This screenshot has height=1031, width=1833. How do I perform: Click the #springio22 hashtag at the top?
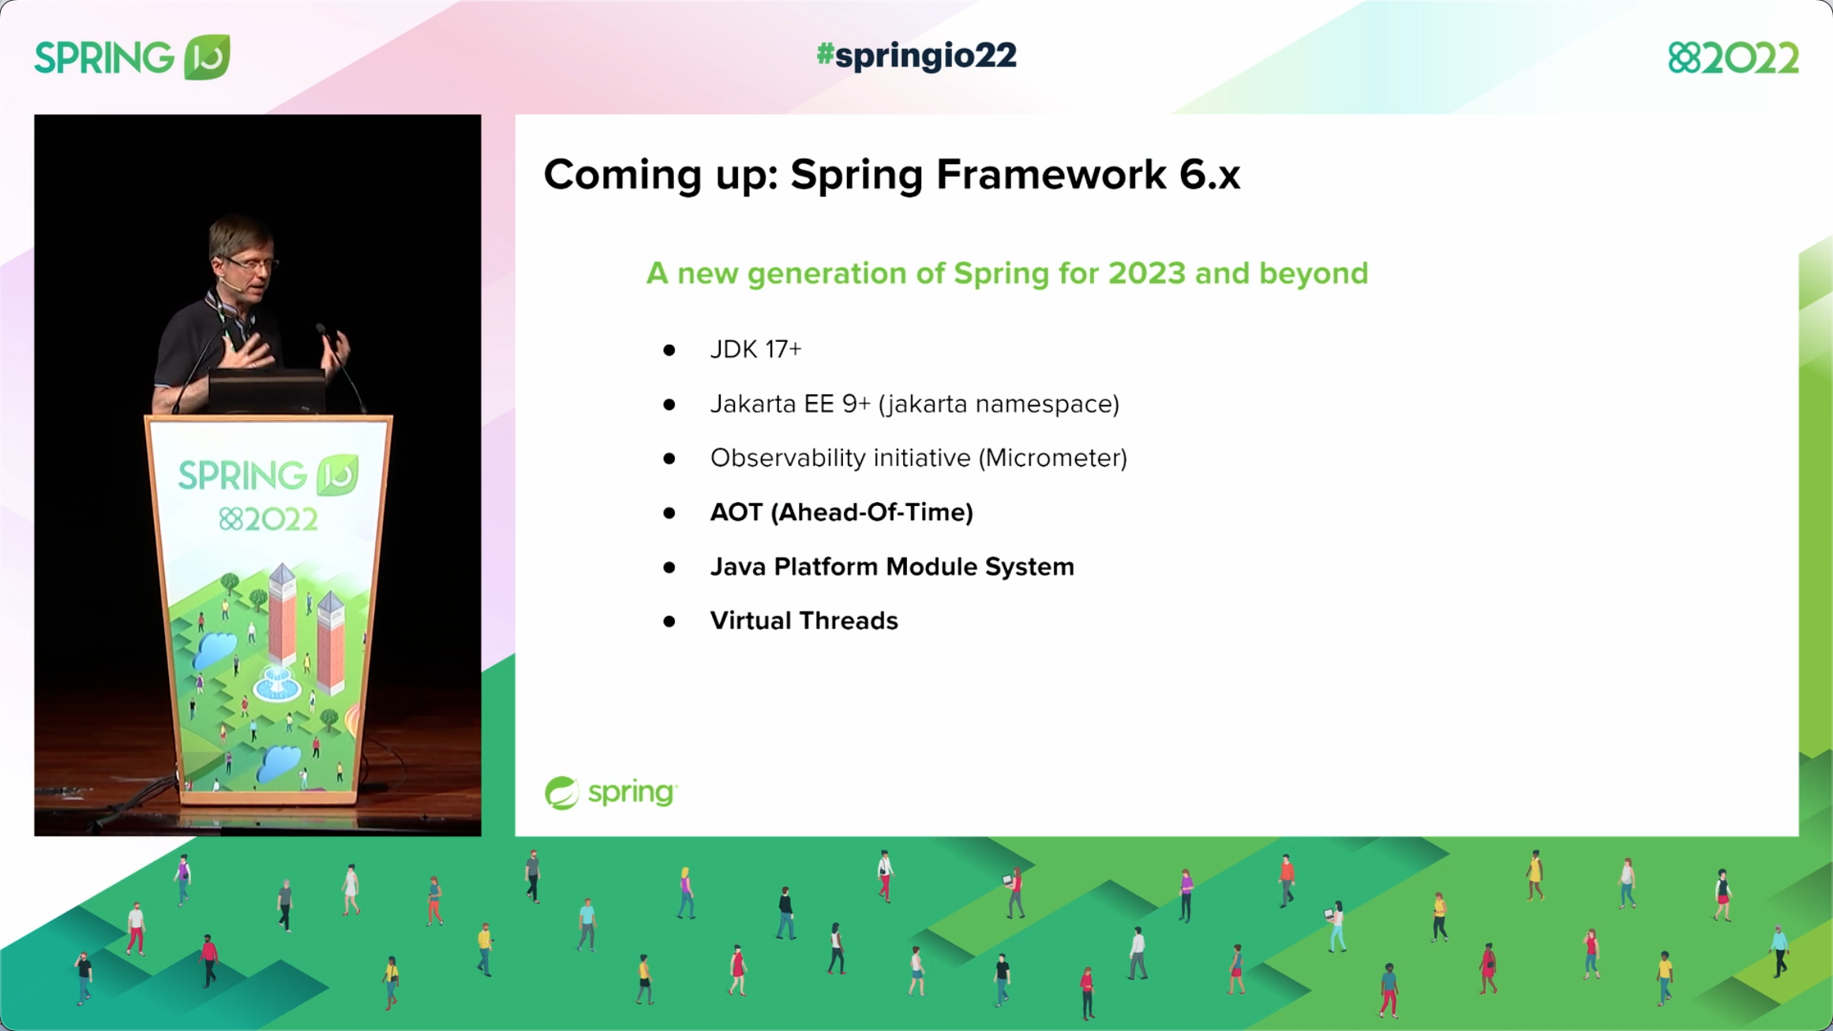[x=916, y=55]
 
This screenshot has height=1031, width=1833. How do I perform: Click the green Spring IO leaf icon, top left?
[x=207, y=57]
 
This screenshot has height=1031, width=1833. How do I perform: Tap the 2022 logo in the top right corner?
[x=1733, y=58]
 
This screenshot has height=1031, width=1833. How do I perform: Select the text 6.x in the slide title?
[x=1209, y=174]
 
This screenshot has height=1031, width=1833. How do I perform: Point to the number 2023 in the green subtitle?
[x=1146, y=273]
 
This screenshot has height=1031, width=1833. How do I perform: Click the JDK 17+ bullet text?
[x=755, y=349]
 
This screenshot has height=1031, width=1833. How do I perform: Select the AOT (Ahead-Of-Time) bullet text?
[x=842, y=512]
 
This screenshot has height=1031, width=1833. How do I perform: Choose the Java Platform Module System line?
[x=892, y=567]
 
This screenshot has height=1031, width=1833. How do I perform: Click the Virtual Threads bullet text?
[x=804, y=620]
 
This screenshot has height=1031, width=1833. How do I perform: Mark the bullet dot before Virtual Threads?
[x=669, y=622]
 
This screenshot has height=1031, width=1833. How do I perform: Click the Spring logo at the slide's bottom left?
[x=610, y=792]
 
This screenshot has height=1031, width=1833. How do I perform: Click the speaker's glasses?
[x=251, y=264]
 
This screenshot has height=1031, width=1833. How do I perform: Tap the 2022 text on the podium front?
[x=268, y=519]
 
